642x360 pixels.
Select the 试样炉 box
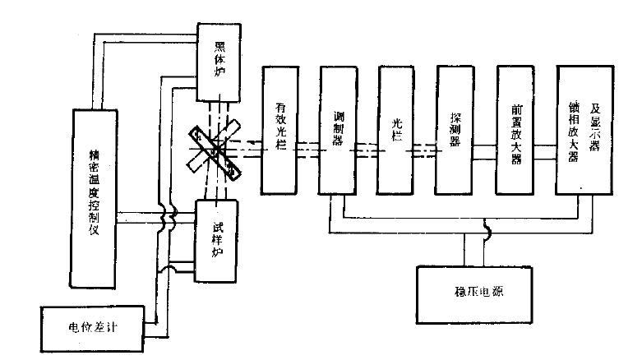[217, 239]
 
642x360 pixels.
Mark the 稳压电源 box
[472, 293]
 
